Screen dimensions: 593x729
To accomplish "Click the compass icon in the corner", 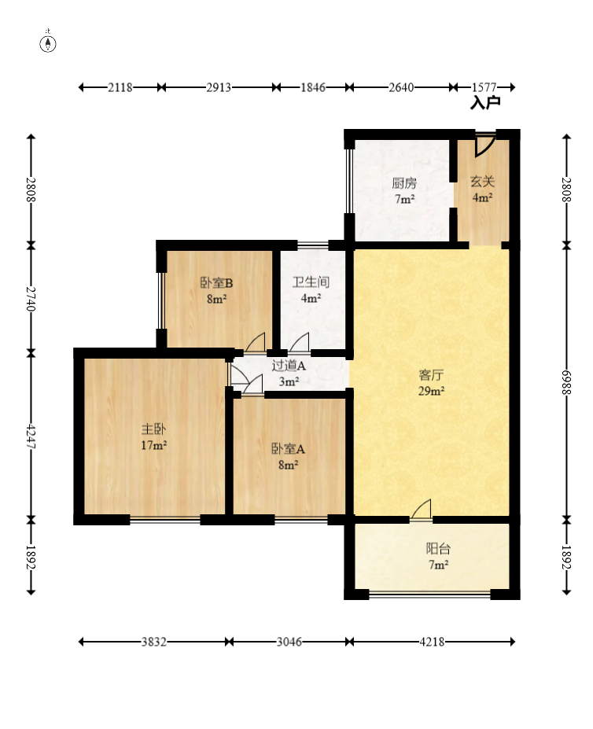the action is coord(48,43).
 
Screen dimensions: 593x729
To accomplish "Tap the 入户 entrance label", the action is coord(485,102).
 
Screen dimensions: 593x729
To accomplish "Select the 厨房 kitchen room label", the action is coord(404,183).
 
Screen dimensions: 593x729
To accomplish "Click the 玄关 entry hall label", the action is coord(482,182).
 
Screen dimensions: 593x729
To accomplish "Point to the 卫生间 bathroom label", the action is coord(311,282).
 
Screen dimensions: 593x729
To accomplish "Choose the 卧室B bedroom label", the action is coord(216,282).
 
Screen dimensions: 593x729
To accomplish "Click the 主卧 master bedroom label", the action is coord(153,429).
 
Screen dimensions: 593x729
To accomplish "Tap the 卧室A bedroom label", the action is coord(288,449).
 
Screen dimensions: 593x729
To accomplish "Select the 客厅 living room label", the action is coord(431,375).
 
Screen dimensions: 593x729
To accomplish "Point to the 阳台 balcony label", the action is coord(438,549).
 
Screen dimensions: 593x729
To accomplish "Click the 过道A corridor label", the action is coord(289,366).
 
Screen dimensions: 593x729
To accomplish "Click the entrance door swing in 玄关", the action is coord(484,145).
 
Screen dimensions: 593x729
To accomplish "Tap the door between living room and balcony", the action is coord(422,510).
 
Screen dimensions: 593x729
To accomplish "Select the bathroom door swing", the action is coord(299,343).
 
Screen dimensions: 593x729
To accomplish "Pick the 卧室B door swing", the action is coord(256,343).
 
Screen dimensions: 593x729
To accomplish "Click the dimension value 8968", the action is coord(566,383).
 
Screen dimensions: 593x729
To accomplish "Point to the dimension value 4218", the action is coord(432,642).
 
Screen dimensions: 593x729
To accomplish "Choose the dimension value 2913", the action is coord(219,87).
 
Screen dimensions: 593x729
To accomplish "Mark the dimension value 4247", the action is coord(31,436).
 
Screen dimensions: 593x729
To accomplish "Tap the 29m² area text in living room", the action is coord(431,391).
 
